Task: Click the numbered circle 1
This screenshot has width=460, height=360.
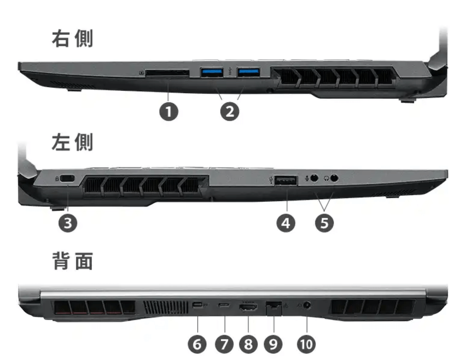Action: tap(169, 112)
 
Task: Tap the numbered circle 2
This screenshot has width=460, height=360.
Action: tap(230, 112)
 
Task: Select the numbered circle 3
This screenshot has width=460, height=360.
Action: tap(68, 223)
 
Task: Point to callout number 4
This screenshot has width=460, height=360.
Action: tap(286, 223)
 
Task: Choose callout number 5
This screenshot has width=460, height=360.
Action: tap(324, 223)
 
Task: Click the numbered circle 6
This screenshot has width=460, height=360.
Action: tap(197, 344)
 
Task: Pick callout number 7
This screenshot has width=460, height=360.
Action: tap(224, 344)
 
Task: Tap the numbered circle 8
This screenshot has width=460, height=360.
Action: tap(248, 344)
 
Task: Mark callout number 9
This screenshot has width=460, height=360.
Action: tap(273, 344)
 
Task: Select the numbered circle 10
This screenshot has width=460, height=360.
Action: tap(306, 344)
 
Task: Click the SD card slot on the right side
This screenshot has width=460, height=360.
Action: tap(167, 73)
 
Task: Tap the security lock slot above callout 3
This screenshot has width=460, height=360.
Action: tap(67, 178)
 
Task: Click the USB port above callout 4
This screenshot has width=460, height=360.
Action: tap(286, 180)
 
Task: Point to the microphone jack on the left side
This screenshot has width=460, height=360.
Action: tap(314, 178)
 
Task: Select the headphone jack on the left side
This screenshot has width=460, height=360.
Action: tap(334, 178)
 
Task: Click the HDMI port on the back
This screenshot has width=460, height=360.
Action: tap(248, 307)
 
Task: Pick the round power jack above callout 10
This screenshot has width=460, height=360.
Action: tap(307, 305)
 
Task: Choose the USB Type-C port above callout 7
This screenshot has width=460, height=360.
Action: tap(224, 305)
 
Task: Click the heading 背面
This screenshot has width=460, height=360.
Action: tap(73, 261)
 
